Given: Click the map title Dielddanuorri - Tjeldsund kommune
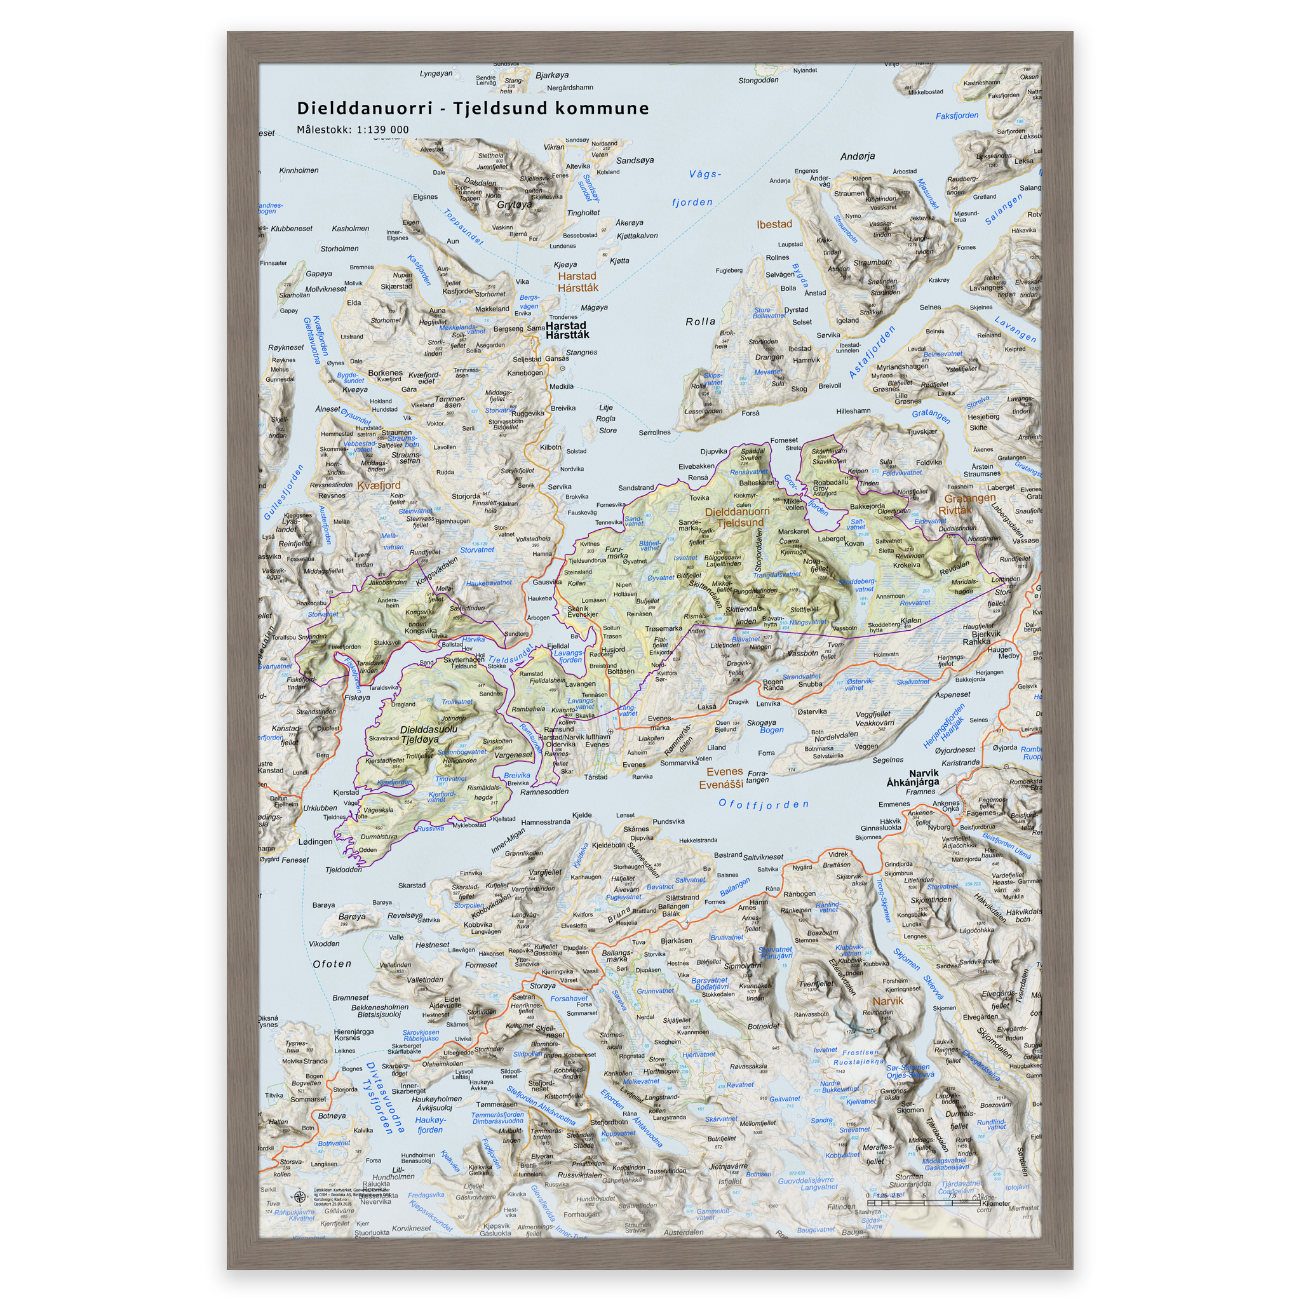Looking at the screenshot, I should pos(473,109).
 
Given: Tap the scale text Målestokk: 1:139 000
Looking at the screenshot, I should pos(353,130).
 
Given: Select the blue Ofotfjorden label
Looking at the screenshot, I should pos(763,804).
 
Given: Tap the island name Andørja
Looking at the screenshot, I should pos(857,156).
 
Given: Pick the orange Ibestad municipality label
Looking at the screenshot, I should pos(774,224).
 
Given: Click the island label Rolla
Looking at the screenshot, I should pos(700,322).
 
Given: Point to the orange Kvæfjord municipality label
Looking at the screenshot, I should pos(379,485).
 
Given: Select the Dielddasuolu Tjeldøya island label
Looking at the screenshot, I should pos(428,734).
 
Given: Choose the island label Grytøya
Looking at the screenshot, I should pos(515,205).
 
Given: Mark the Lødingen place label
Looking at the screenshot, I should pos(315,842).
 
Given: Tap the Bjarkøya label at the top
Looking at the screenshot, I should pos(552,76).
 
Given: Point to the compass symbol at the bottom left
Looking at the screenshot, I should pos(300,1197).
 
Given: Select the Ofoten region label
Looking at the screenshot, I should pos(332,964).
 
